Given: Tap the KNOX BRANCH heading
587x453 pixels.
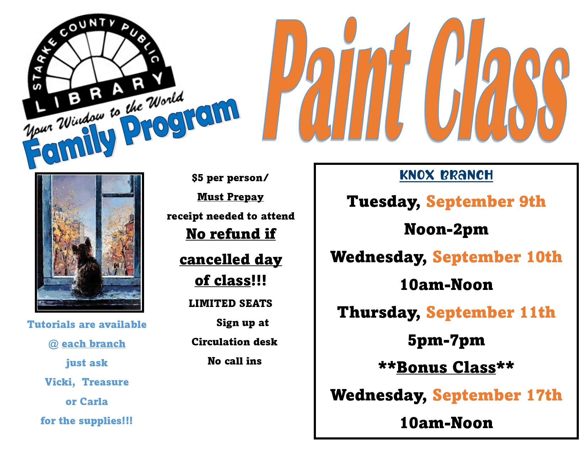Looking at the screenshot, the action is (446, 175).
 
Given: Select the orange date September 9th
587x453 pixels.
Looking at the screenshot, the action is (486, 201).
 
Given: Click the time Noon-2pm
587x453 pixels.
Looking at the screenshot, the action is (446, 230).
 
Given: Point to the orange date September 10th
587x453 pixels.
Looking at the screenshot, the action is (497, 257).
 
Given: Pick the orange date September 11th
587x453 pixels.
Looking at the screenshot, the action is (491, 312).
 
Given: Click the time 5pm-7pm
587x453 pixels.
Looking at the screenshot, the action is (446, 340).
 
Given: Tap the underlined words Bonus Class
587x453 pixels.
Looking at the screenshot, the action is (446, 367).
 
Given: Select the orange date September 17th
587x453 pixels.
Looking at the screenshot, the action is (497, 395).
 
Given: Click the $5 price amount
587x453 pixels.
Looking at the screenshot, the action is (197, 178).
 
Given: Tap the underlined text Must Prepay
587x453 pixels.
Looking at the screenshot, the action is (231, 197).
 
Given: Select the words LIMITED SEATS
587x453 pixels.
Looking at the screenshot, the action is (231, 303).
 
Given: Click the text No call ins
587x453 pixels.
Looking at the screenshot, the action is (234, 361).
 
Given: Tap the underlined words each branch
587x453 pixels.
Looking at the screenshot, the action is (94, 344).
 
